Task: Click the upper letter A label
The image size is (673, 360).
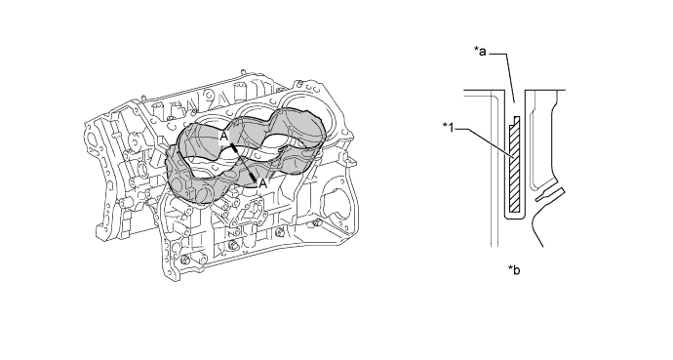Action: click(x=223, y=137)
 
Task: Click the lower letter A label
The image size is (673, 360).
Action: click(x=262, y=184)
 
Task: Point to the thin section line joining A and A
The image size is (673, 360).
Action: click(x=244, y=162)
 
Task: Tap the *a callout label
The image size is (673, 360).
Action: click(x=480, y=52)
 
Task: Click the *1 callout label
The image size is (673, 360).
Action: click(x=448, y=128)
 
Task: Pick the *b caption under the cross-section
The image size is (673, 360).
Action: click(x=514, y=270)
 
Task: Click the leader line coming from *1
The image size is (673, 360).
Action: click(x=484, y=143)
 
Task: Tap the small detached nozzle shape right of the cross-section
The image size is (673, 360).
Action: click(x=550, y=194)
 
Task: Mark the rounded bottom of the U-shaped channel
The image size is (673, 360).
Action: click(x=514, y=218)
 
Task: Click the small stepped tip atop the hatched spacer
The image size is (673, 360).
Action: click(x=517, y=120)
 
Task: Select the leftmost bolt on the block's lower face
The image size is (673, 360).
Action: click(x=184, y=260)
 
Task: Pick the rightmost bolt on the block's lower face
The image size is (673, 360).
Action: click(x=317, y=223)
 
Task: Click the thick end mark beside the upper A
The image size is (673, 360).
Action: click(x=233, y=148)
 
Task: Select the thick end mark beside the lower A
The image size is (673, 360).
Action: click(x=254, y=177)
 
